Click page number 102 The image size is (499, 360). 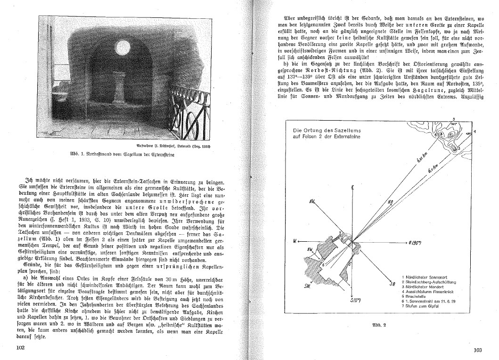(19, 347)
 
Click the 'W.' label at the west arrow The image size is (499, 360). (295, 241)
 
